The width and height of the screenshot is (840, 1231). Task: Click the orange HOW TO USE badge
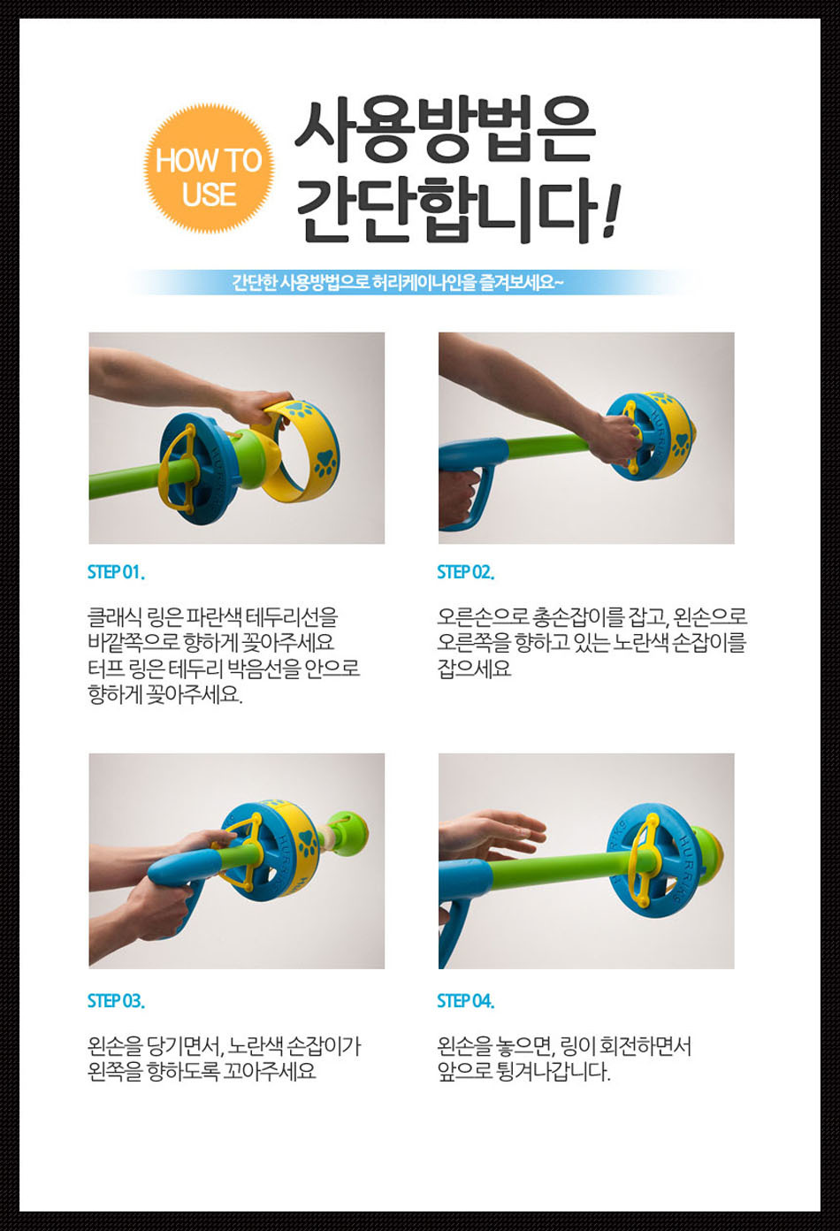[x=209, y=169]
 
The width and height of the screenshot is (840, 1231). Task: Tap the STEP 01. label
[x=116, y=572]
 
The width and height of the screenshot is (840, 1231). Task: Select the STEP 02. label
[x=465, y=572]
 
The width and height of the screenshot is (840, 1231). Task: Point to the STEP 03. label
[x=116, y=1001]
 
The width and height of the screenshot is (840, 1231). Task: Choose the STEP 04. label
[x=465, y=1001]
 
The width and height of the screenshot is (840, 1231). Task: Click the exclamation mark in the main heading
[x=611, y=210]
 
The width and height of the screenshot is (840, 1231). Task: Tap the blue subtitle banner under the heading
[x=416, y=282]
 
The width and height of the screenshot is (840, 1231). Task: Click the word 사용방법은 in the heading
[x=445, y=131]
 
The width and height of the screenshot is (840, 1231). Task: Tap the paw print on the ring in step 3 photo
[x=309, y=842]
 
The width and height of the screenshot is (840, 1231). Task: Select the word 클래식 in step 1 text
[x=114, y=617]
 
